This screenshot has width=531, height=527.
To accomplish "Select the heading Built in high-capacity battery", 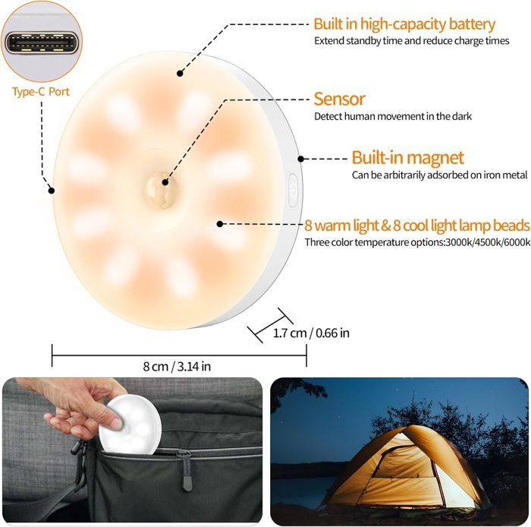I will click(404, 24).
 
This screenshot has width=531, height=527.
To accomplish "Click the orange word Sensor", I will click(339, 99).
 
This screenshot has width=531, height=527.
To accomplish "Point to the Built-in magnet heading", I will click(407, 158).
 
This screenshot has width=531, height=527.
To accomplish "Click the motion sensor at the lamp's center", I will click(160, 183).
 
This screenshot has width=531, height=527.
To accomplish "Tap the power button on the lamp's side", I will click(292, 189).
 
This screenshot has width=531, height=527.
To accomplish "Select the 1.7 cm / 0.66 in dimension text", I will click(311, 333).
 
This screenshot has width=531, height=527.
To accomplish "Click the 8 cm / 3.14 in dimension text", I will click(177, 366).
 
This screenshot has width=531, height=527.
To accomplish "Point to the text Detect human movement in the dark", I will click(393, 116).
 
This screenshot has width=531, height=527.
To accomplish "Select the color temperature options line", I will click(416, 242).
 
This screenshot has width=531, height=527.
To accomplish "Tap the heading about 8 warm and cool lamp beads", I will click(416, 226).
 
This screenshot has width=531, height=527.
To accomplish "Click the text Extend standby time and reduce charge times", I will click(412, 40).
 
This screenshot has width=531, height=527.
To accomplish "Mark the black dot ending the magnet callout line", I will click(301, 159).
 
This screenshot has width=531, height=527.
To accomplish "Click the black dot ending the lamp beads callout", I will click(220, 223).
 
